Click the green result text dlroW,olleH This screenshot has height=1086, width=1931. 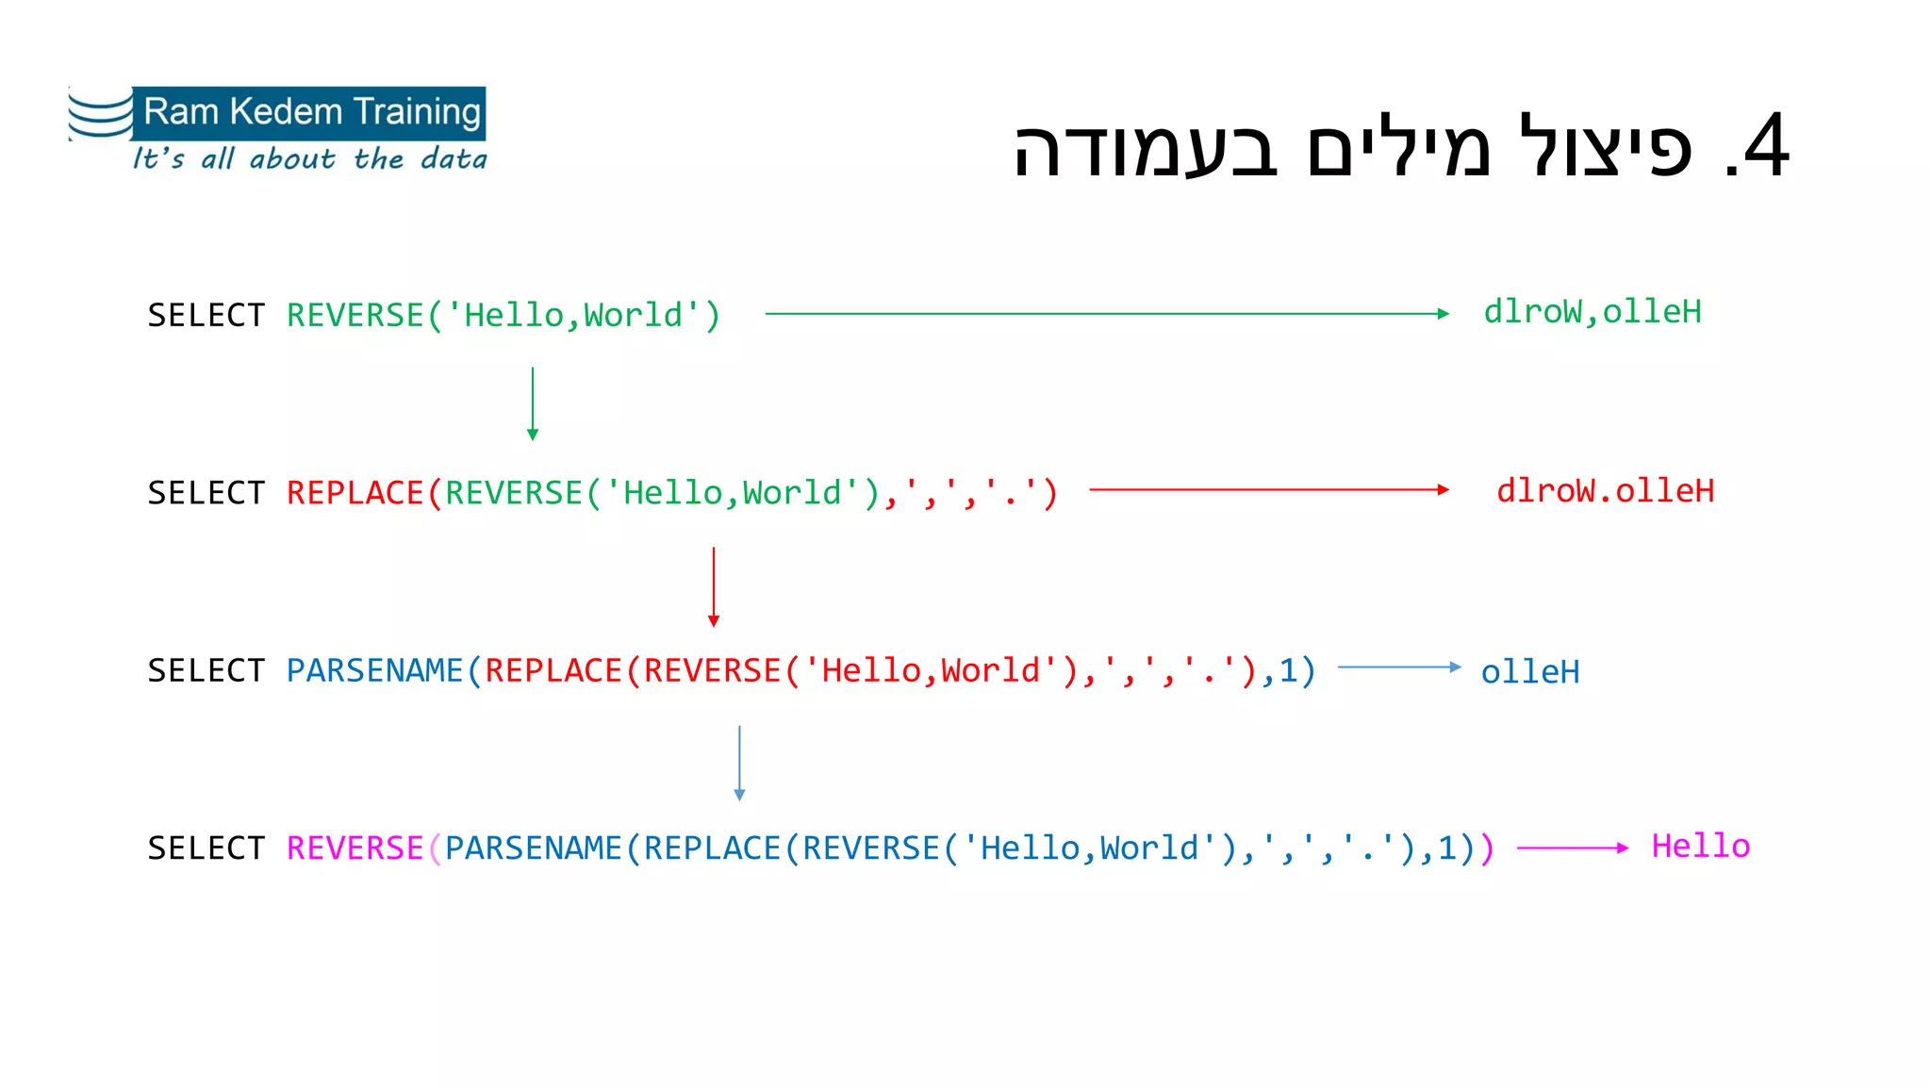1593,312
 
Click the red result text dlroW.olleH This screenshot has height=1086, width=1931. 1605,491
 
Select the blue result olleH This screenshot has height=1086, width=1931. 1529,672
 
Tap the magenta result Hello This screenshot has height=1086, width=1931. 1700,847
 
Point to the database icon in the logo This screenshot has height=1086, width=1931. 100,115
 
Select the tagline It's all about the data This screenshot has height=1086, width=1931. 309,158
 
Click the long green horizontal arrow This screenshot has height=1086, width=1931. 1107,314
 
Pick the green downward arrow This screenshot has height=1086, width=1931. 533,403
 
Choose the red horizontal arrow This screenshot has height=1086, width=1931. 1268,490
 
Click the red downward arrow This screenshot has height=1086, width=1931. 714,586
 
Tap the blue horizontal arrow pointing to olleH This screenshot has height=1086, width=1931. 1399,667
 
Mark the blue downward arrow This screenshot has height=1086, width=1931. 739,763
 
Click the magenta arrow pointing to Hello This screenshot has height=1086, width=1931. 1572,848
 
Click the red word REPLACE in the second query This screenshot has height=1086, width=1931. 355,493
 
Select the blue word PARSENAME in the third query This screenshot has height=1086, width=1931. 374,671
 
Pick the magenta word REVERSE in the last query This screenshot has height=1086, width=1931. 355,848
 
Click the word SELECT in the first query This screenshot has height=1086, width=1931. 206,316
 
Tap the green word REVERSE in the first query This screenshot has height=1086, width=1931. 355,316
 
